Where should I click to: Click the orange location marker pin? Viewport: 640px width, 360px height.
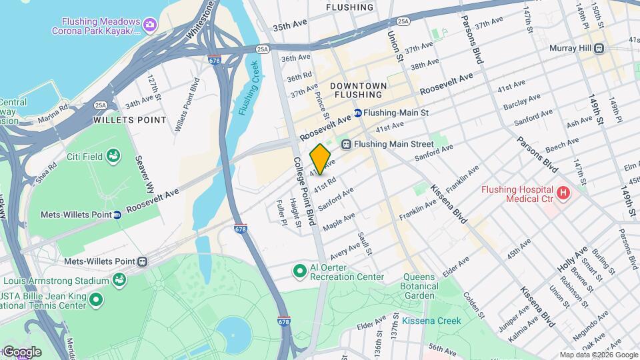(321, 159)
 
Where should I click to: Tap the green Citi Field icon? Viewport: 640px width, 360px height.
(113, 156)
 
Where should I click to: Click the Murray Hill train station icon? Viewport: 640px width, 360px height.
(599, 48)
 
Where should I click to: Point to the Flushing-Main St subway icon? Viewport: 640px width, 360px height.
(358, 113)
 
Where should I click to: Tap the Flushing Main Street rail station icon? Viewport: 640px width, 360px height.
(346, 144)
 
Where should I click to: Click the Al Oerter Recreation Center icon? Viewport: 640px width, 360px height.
(300, 271)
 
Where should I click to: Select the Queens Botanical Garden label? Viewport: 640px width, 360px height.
(421, 286)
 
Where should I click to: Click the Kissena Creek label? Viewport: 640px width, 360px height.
(431, 321)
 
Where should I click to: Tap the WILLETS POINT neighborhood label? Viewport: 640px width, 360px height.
(129, 120)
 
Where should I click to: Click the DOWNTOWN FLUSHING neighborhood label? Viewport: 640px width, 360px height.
(358, 91)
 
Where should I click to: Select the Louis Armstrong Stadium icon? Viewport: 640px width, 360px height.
(119, 279)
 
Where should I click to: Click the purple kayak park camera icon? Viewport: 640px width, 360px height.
(149, 25)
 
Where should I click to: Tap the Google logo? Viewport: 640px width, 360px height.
(21, 351)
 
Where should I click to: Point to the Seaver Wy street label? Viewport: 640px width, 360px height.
(145, 174)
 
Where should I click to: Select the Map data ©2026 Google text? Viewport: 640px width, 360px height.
(597, 355)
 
